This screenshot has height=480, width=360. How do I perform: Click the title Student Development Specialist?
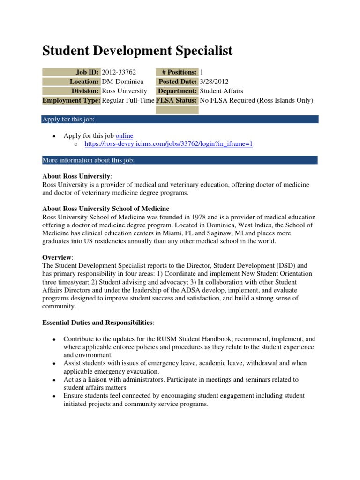tap(137, 51)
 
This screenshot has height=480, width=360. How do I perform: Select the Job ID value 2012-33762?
tap(119, 72)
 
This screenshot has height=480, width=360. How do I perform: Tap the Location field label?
tap(83, 82)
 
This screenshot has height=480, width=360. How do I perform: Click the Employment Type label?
tap(71, 100)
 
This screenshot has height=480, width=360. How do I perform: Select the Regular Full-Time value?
tap(128, 100)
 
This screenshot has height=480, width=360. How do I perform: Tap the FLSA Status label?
tap(177, 100)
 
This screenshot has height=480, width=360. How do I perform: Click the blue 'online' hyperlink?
tap(124, 136)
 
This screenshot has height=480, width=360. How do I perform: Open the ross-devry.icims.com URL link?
tap(169, 144)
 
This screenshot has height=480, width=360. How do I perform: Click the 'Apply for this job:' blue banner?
tap(180, 120)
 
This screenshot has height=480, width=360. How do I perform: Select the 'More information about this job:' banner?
tap(180, 160)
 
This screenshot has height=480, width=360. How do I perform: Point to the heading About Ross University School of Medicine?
tap(105, 209)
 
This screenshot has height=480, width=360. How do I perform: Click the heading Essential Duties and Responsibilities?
tap(97, 323)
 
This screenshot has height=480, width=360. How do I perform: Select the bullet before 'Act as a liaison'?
tap(54, 380)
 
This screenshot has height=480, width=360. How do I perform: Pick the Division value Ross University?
tap(124, 91)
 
